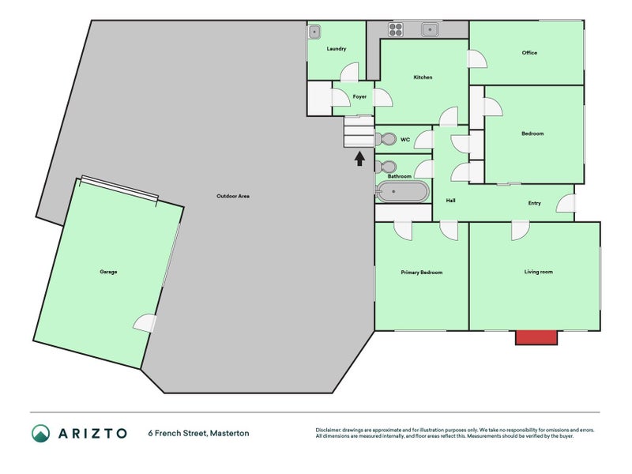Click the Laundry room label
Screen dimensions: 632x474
pyautogui.click(x=337, y=49)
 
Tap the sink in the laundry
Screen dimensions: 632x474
pyautogui.click(x=314, y=32)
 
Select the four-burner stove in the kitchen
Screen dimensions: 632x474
pyautogui.click(x=396, y=29)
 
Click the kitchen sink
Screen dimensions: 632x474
pyautogui.click(x=430, y=29)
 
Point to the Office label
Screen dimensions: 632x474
pyautogui.click(x=529, y=53)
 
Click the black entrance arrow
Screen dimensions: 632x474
pyautogui.click(x=359, y=159)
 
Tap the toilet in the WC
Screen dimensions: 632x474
pyautogui.click(x=386, y=140)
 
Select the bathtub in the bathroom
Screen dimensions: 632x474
pyautogui.click(x=403, y=191)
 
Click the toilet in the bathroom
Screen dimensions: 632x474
pyautogui.click(x=386, y=167)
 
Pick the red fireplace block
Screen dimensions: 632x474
pyautogui.click(x=536, y=337)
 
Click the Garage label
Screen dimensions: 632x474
pyautogui.click(x=108, y=272)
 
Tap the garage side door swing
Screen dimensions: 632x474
pyautogui.click(x=145, y=324)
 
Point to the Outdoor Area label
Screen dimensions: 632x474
pyautogui.click(x=233, y=196)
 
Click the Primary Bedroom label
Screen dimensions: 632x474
pyautogui.click(x=422, y=273)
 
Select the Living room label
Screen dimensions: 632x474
pyautogui.click(x=539, y=272)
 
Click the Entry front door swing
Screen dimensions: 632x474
pyautogui.click(x=566, y=203)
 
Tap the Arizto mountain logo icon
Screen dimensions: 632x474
pyautogui.click(x=41, y=433)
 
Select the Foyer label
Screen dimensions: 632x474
pyautogui.click(x=359, y=96)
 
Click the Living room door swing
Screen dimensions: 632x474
pyautogui.click(x=521, y=231)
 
